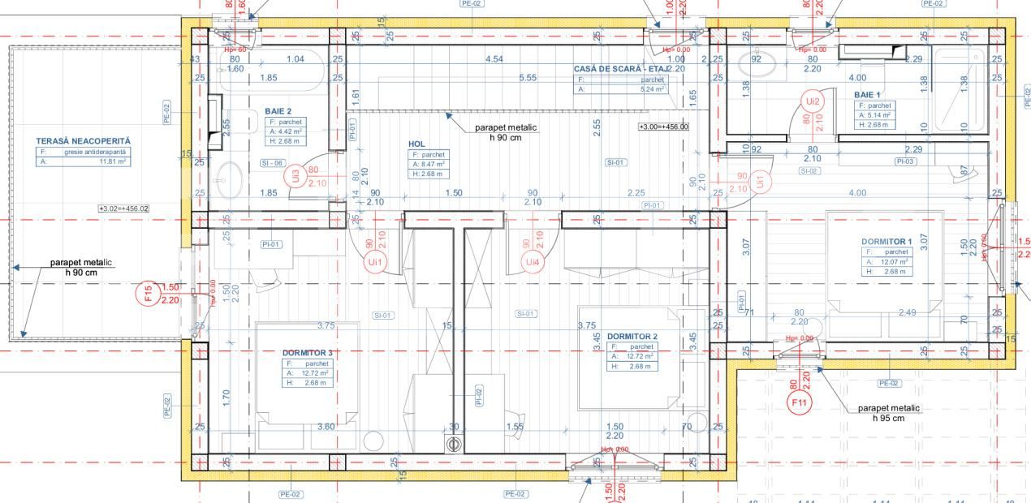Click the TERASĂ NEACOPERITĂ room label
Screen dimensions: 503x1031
[83, 141]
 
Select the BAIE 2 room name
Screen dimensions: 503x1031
[278, 111]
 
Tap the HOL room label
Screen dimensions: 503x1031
[416, 144]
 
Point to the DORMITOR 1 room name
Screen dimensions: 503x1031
[886, 241]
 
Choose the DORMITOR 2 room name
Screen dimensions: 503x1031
[632, 336]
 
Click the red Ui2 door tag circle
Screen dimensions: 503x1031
[812, 101]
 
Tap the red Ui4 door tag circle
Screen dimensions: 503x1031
[532, 261]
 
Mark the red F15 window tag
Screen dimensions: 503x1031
[148, 293]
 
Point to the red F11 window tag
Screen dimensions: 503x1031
[800, 402]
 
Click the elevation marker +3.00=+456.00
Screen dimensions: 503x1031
[663, 127]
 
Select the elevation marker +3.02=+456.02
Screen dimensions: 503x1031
[123, 209]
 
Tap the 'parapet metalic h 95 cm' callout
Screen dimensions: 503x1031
[888, 413]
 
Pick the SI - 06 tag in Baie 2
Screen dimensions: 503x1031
[271, 163]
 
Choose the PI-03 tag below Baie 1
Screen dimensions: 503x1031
[905, 161]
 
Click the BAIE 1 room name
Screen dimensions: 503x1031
[867, 95]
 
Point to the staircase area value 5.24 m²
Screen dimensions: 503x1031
[653, 89]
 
